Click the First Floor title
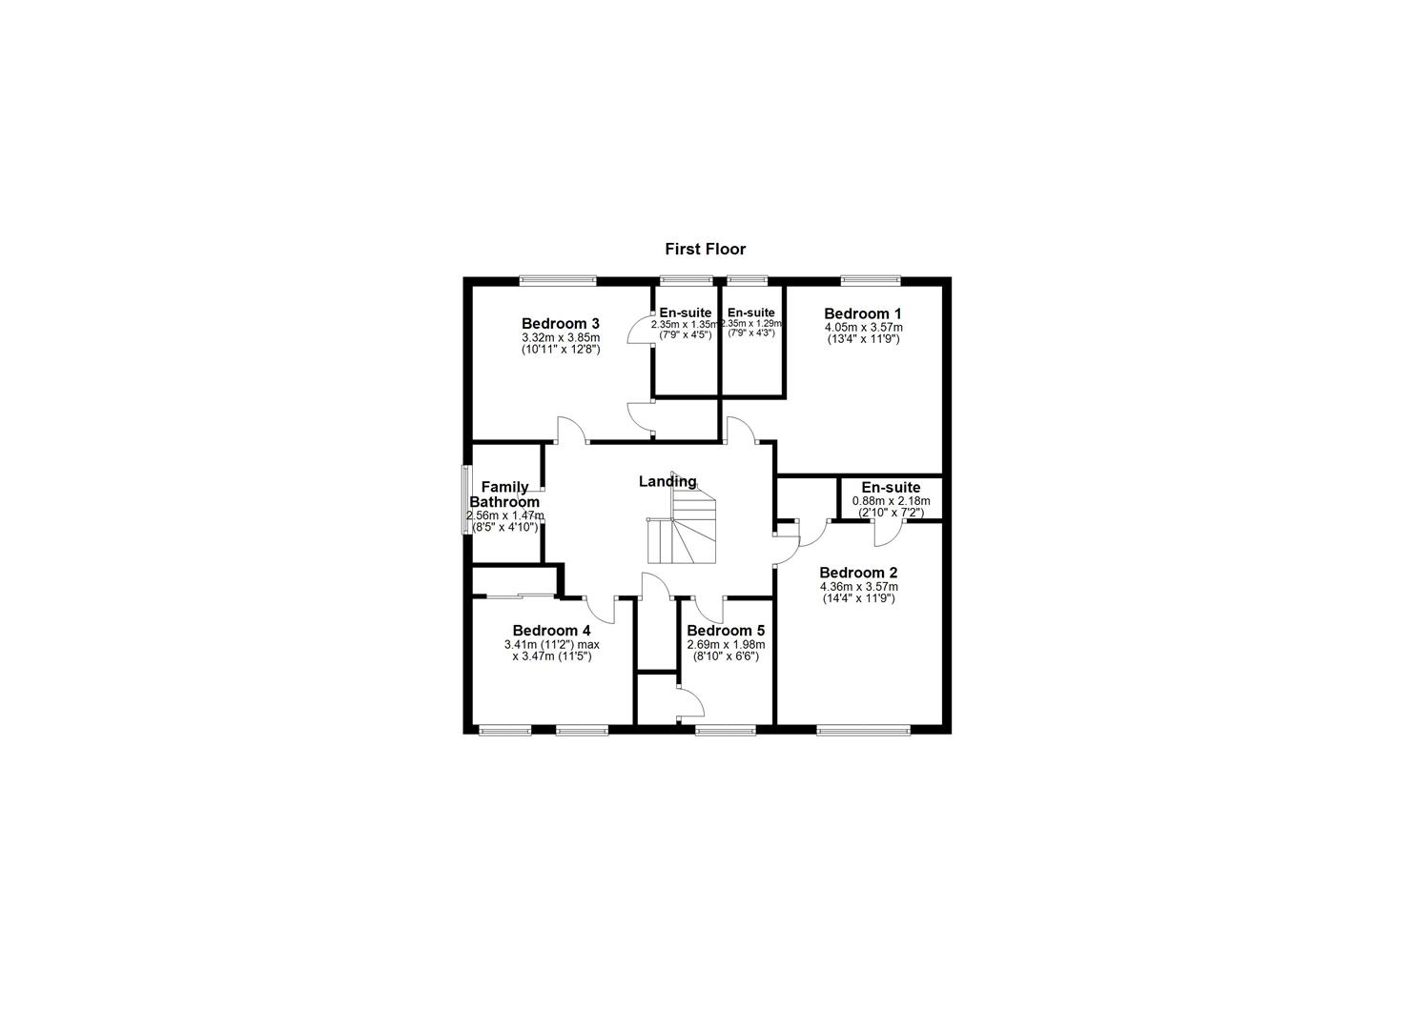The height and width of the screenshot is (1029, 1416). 705,250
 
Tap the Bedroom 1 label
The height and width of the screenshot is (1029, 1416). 862,313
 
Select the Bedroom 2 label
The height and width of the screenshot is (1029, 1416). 858,573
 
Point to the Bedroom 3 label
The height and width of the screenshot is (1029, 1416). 560,323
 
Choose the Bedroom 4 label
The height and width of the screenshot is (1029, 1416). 551,631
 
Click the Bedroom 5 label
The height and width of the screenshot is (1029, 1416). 725,631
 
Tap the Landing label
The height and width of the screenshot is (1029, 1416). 667,482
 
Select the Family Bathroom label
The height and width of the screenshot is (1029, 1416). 504,494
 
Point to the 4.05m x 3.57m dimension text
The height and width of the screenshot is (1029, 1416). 863,327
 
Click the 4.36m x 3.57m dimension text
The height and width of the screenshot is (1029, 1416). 858,587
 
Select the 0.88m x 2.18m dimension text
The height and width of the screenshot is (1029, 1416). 891,500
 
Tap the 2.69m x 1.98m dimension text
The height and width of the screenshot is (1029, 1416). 725,645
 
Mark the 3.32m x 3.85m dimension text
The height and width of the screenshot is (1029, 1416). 560,337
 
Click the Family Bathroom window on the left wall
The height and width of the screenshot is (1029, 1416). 467,500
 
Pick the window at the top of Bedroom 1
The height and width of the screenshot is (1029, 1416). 870,280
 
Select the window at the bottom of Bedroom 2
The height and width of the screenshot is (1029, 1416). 863,731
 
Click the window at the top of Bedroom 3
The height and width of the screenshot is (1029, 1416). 558,280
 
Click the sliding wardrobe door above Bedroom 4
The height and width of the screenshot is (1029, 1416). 515,596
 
